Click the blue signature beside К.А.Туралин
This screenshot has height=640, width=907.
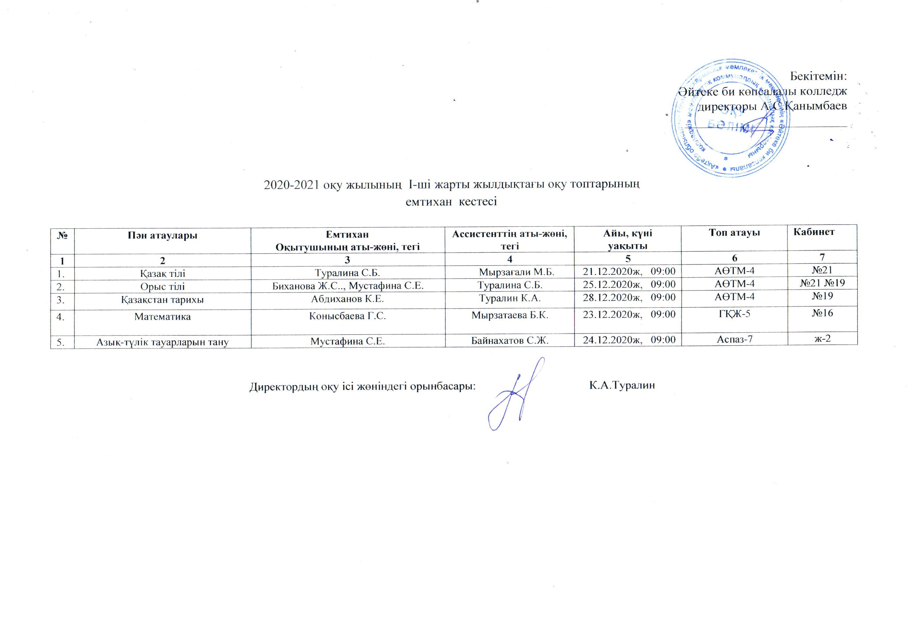click(514, 395)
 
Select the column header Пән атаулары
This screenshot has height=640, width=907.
click(162, 235)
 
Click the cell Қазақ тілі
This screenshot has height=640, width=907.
click(162, 273)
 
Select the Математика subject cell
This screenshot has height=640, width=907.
click(162, 317)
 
